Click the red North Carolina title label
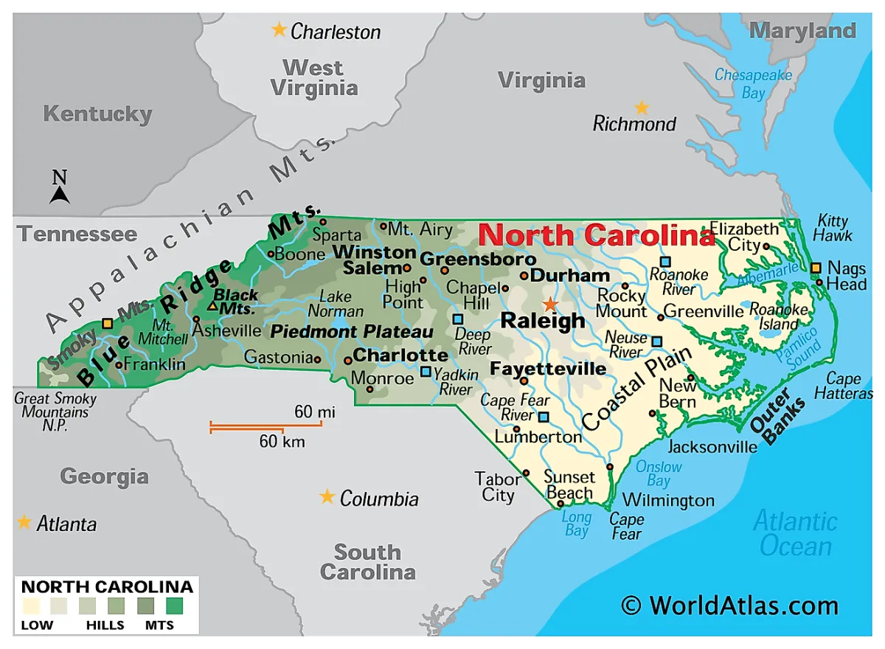596,235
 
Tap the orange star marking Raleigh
549,304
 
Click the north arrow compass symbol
60,188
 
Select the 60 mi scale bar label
315,412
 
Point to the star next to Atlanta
24,522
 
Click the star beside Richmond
642,108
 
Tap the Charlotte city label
400,355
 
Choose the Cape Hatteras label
848,386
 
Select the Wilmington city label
668,501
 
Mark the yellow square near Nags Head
816,268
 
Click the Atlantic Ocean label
795,534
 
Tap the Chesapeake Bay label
752,83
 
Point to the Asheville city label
226,330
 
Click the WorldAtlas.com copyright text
729,605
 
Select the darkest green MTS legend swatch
175,605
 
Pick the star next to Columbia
327,496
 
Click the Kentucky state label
97,114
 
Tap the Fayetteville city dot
524,381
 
